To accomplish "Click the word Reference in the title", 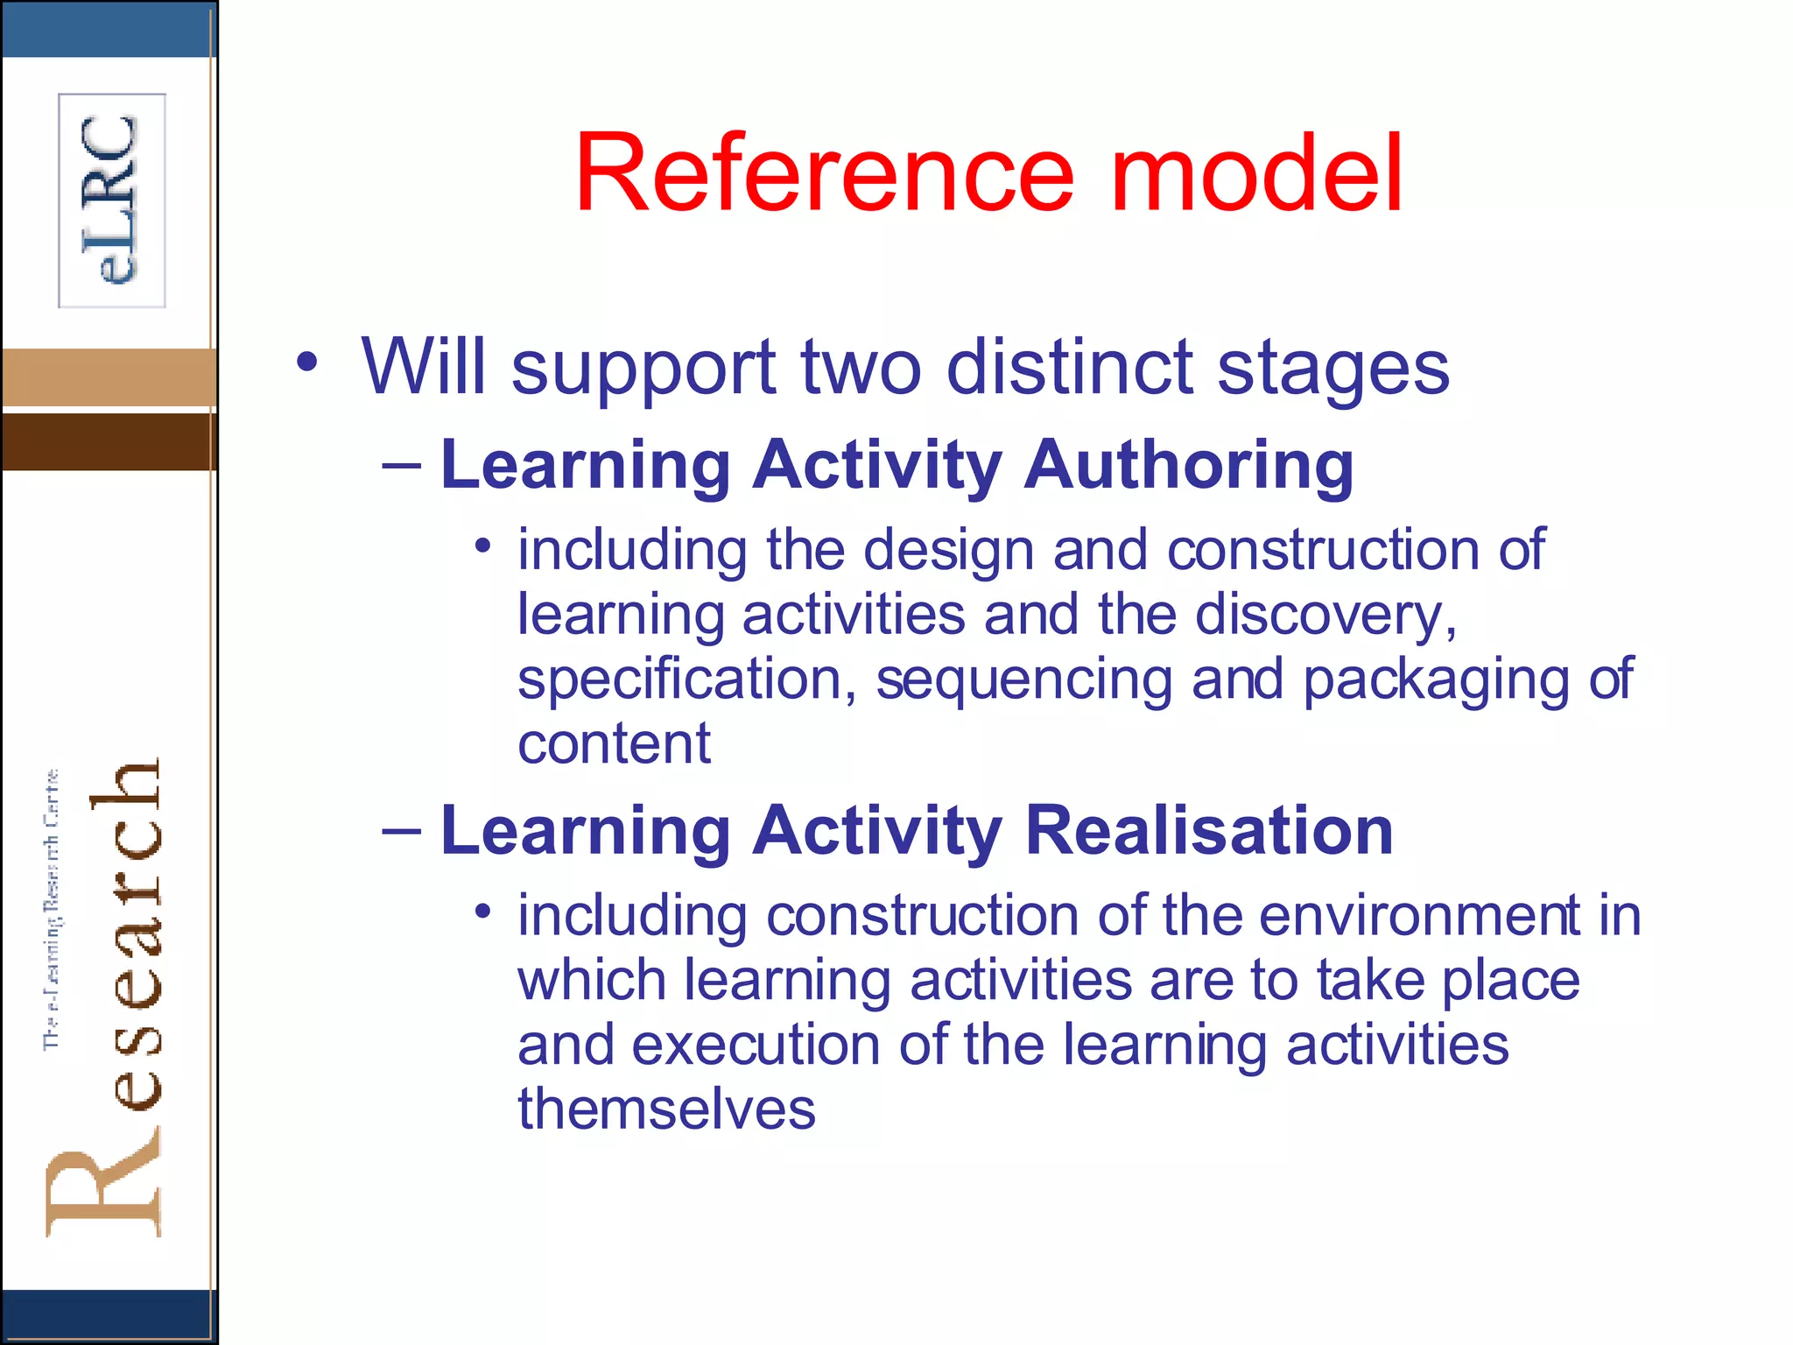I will (x=823, y=173).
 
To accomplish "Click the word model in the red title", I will (x=1257, y=173).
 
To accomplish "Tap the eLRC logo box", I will (x=112, y=201).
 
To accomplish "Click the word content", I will (x=614, y=744).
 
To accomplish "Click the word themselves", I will (x=666, y=1109).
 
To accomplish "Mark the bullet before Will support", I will (x=306, y=363).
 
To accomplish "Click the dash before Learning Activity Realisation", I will (x=402, y=827).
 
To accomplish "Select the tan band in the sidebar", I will (x=109, y=377).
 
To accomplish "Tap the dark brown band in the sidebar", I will (x=109, y=441).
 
